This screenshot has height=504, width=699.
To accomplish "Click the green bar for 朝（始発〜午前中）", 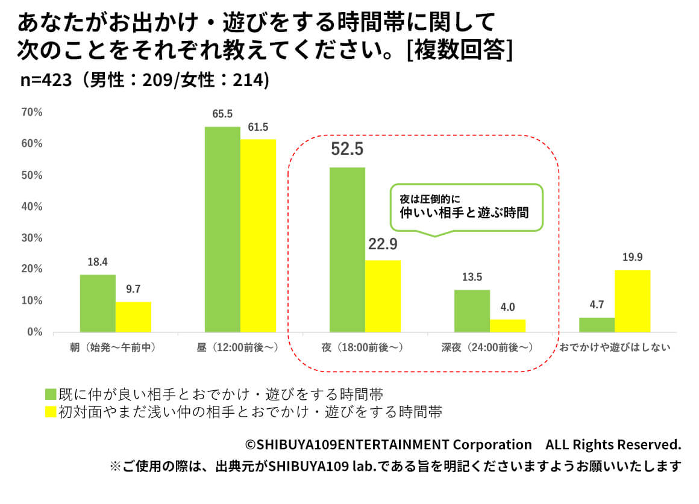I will click(x=98, y=303).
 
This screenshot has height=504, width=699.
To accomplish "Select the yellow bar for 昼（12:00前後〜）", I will click(x=259, y=235).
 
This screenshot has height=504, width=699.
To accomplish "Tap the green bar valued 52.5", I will click(x=347, y=249).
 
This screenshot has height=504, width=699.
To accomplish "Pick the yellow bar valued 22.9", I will click(x=383, y=296).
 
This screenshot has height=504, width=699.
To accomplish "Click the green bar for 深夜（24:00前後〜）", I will click(x=472, y=311).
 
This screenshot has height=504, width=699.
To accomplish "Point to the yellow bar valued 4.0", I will click(x=507, y=325).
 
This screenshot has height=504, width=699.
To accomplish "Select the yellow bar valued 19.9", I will click(x=632, y=300).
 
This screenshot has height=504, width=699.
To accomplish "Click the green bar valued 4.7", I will click(x=597, y=325).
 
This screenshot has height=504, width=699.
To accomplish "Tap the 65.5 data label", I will click(x=222, y=114).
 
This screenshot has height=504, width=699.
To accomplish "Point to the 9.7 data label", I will click(x=133, y=289).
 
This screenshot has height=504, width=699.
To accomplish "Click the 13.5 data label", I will click(x=472, y=278).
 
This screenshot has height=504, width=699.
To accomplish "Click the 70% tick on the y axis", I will click(x=31, y=112).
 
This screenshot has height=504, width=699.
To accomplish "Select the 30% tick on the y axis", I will click(x=31, y=238).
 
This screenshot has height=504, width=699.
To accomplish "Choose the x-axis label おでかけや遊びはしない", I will click(x=615, y=347).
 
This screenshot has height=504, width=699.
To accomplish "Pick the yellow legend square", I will click(x=51, y=412).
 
